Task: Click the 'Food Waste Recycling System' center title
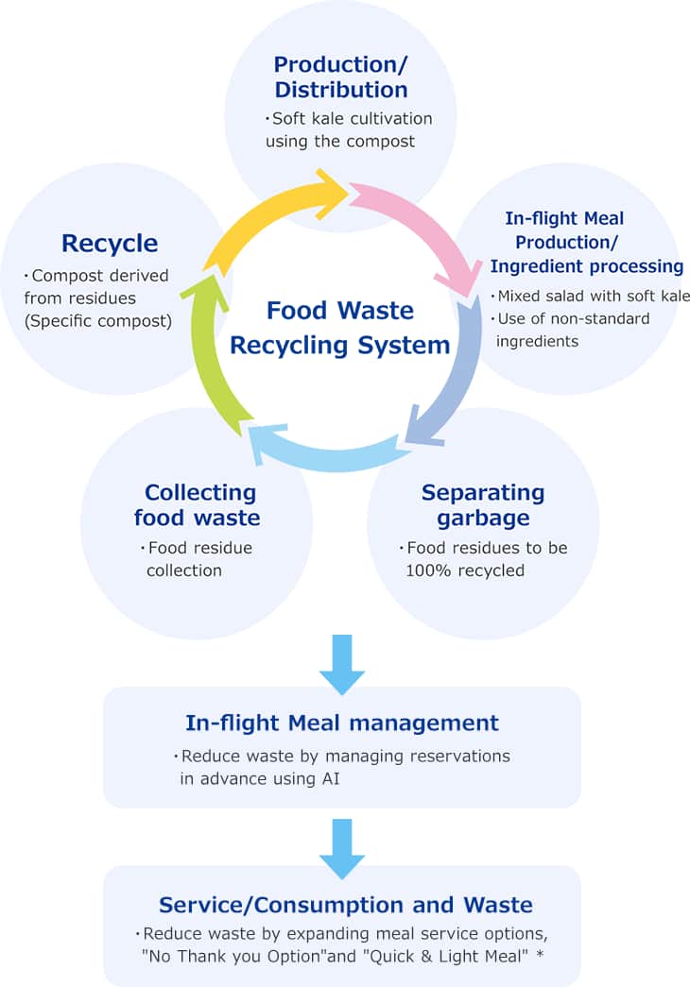(x=340, y=328)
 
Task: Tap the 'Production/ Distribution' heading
(x=340, y=77)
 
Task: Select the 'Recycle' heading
(x=109, y=243)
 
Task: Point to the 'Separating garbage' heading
(x=483, y=504)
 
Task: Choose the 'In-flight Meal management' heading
(x=341, y=723)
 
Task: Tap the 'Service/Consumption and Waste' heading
(x=346, y=905)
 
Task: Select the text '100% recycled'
(x=465, y=570)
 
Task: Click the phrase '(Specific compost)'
(x=99, y=320)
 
